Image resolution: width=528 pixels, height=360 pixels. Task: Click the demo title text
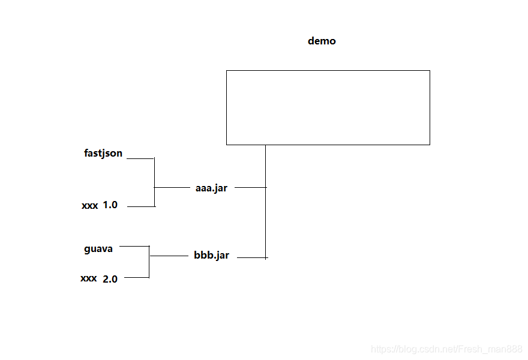322,41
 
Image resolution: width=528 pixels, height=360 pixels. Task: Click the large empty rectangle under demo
328,107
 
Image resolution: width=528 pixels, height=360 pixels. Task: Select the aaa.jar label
211,188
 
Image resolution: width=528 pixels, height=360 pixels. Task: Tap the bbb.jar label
211,255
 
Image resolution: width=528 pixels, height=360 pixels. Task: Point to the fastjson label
103,154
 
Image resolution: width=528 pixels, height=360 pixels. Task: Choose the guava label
98,249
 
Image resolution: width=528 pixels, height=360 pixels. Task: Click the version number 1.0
110,205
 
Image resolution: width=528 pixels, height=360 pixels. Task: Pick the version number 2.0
110,278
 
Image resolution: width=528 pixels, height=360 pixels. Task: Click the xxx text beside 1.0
90,206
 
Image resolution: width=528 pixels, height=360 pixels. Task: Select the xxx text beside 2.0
89,278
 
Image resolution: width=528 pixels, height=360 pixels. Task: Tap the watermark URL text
446,349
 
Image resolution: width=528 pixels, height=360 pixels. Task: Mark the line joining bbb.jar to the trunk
251,258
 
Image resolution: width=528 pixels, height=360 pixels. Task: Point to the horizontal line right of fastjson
141,158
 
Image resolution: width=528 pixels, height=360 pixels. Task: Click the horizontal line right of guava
135,246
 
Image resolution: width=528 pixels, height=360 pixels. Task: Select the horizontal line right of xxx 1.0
141,206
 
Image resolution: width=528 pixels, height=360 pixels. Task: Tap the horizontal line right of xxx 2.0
136,278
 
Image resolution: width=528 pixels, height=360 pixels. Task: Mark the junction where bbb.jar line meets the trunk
266,258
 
